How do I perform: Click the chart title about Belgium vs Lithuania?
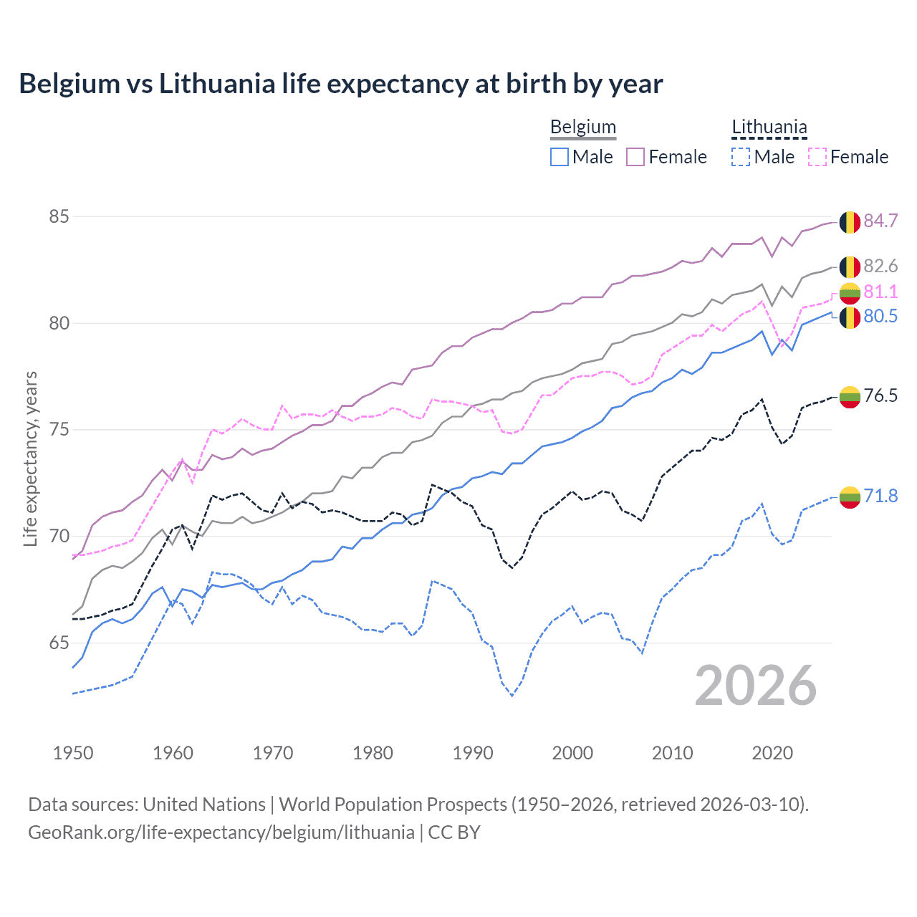point(341,84)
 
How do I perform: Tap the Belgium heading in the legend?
point(582,128)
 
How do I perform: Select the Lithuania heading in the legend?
point(769,128)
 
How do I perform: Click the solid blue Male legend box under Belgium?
point(560,157)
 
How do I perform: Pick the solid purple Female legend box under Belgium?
point(635,157)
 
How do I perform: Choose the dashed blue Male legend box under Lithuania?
point(741,157)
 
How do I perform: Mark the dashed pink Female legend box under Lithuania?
point(817,157)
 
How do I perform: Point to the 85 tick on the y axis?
point(59,216)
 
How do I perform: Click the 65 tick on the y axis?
point(59,643)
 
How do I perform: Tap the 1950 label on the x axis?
point(73,753)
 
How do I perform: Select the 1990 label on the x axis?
point(473,753)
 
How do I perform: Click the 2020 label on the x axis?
point(772,753)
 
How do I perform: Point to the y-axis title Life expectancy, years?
point(30,458)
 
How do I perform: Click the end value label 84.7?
point(880,221)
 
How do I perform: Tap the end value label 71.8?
point(880,496)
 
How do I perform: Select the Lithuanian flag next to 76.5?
point(850,396)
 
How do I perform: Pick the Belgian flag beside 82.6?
point(850,267)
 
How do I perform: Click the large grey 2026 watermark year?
point(756,686)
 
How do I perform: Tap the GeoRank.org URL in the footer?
point(221,832)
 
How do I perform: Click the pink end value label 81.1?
point(880,292)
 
